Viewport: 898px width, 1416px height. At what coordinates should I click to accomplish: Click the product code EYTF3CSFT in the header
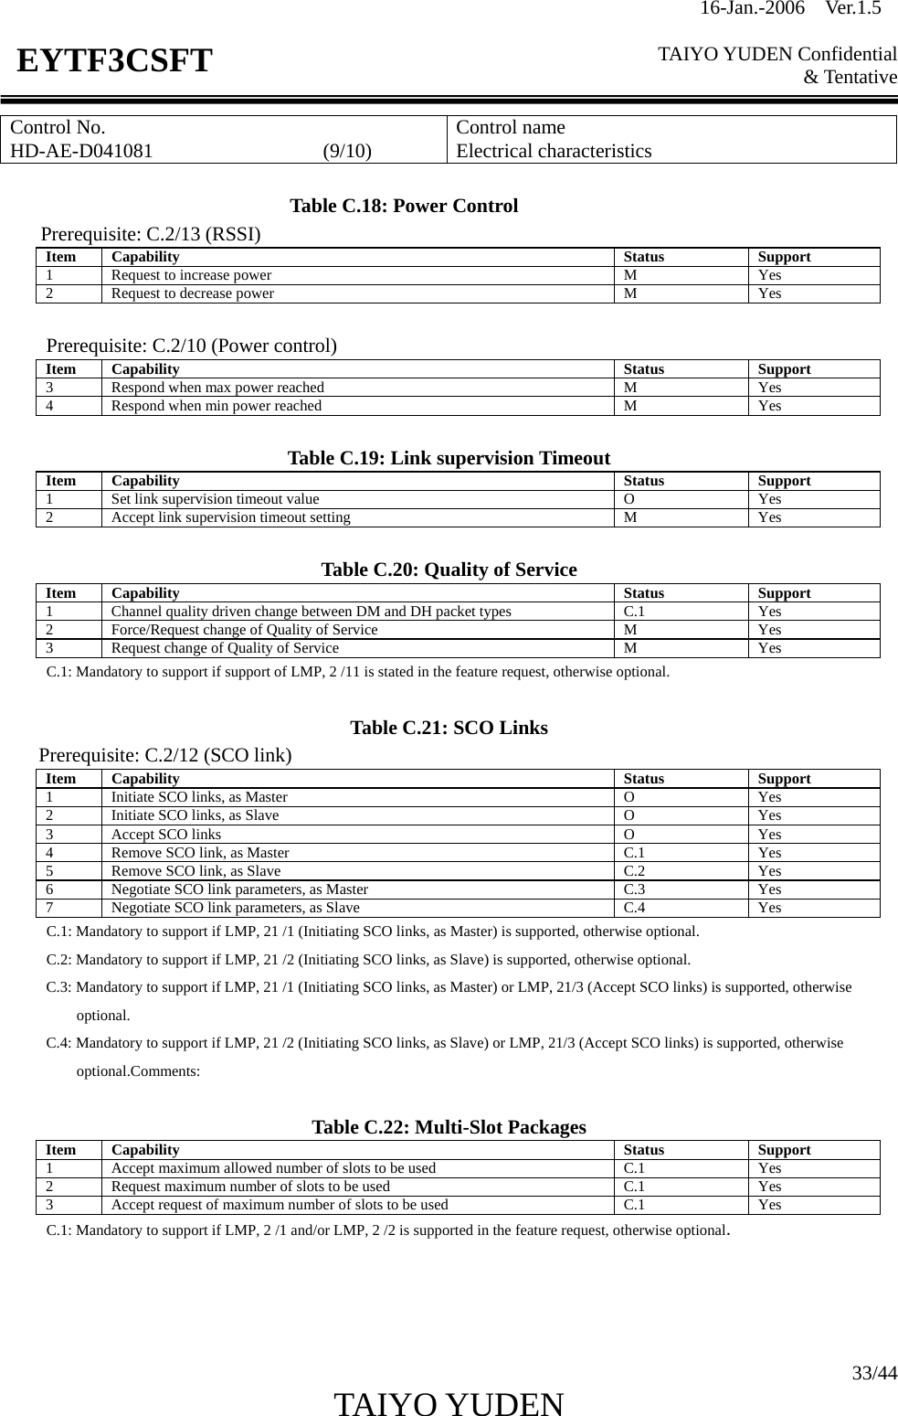114,61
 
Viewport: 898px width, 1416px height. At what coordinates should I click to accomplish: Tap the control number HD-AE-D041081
82,151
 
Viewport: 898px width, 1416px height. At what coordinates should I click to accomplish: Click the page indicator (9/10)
347,151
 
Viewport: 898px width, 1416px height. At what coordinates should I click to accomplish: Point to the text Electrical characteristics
554,151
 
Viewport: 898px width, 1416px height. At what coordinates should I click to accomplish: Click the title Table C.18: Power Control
403,206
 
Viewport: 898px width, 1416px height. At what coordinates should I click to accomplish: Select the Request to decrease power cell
192,293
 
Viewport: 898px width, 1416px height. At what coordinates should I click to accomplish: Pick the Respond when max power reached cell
217,387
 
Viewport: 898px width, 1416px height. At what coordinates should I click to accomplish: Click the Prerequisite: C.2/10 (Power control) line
192,346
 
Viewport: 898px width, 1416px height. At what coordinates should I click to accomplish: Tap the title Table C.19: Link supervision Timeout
449,458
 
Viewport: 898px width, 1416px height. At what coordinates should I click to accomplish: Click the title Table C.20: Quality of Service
449,570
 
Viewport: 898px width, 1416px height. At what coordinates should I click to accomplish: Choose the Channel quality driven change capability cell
311,612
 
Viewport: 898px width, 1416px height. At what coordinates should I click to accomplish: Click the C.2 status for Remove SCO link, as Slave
634,871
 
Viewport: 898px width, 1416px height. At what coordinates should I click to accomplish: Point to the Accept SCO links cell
165,835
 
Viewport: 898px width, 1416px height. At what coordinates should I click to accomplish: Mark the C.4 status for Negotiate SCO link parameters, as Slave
634,908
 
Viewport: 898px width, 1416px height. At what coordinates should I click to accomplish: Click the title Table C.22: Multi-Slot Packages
449,1127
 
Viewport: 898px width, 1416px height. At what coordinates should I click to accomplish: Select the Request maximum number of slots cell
250,1187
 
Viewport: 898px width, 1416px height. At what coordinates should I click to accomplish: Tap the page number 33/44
874,1373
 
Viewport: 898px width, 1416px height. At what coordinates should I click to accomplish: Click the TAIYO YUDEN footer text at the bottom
449,1404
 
